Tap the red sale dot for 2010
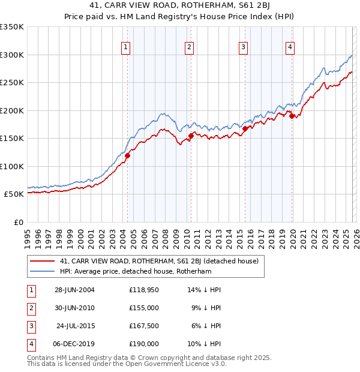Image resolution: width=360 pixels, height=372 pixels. pos(191,136)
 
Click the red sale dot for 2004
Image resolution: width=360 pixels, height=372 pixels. pos(127,156)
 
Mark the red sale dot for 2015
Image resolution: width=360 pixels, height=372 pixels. pos(245,128)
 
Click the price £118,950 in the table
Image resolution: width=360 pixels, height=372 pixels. pos(143,290)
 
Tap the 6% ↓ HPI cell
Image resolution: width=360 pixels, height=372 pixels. pos(206,326)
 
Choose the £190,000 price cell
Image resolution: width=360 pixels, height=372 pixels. pos(143,344)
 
